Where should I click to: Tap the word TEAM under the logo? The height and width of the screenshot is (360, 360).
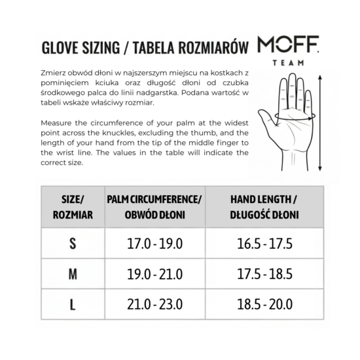point(289,63)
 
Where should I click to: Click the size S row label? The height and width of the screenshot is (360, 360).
point(73,243)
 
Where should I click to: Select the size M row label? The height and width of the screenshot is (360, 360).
point(73,274)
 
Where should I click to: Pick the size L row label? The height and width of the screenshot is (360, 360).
point(73,304)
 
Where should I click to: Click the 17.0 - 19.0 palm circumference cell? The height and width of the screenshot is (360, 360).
point(154,243)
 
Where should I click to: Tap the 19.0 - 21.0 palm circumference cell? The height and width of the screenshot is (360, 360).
point(154,274)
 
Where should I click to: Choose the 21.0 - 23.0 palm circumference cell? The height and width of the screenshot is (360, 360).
point(154,304)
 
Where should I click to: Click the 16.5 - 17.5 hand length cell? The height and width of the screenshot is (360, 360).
point(264,243)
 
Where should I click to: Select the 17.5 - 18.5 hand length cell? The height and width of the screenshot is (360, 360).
point(264,274)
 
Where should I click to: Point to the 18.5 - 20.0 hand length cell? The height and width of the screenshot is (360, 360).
point(264,304)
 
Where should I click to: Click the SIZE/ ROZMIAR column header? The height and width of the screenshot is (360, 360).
point(73,206)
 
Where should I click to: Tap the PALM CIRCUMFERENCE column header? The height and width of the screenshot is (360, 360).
point(154,206)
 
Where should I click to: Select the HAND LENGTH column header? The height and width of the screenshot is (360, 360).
point(264,206)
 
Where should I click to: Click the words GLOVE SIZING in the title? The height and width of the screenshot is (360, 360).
point(78,48)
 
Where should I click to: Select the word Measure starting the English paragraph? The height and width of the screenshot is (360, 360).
point(58,123)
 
